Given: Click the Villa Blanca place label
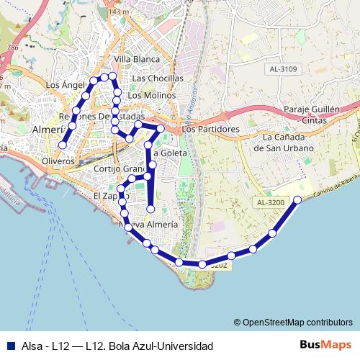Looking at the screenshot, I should (136, 58).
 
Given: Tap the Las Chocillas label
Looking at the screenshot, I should (158, 78).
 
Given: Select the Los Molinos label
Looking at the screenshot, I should (151, 95).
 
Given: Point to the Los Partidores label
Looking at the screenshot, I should (210, 130).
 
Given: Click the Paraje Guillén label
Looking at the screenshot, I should (311, 109).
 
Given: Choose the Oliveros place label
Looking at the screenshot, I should (59, 161).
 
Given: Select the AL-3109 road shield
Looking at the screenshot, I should (284, 69).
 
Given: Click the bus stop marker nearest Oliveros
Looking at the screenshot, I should (63, 145).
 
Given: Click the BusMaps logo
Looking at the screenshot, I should (325, 345).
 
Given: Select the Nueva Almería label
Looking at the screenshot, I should (148, 225).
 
